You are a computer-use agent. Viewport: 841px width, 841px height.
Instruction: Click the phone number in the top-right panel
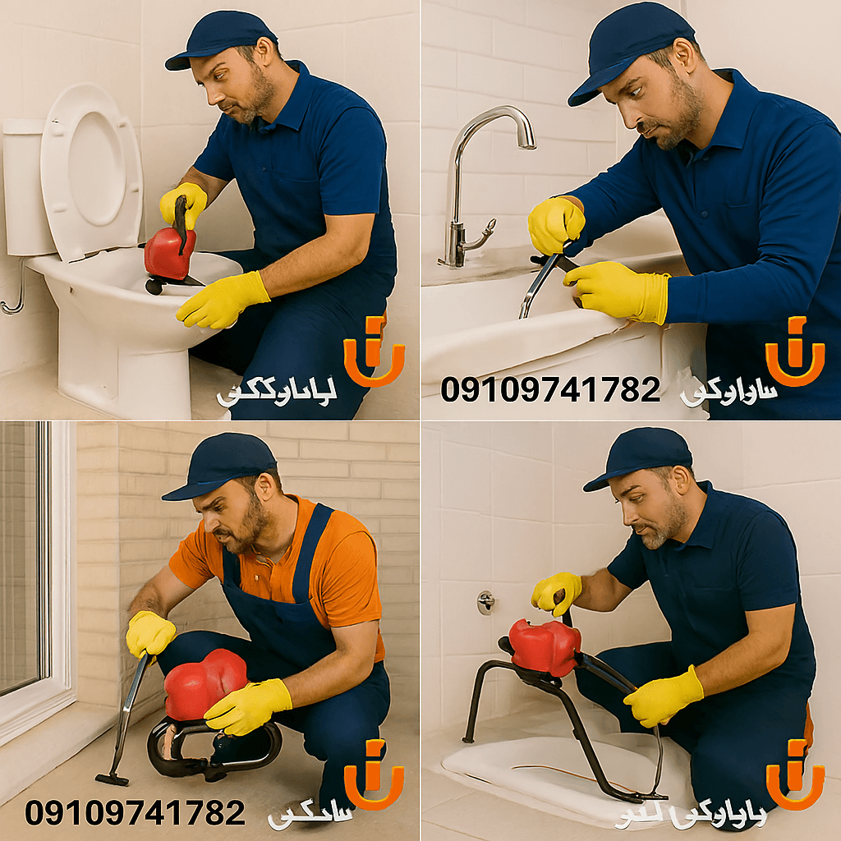coord(550,388)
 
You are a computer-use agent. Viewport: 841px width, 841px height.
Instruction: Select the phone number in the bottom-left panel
coord(136,813)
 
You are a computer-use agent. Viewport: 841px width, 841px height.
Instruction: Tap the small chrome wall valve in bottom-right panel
coord(486,602)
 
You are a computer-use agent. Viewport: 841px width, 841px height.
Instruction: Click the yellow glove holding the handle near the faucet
coord(555,224)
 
